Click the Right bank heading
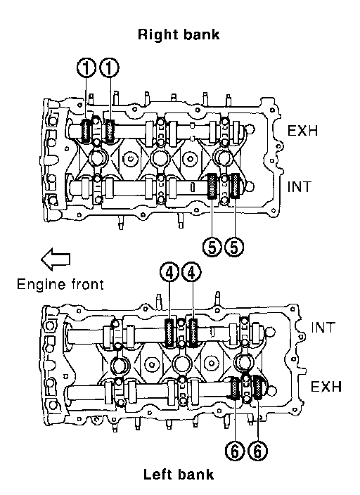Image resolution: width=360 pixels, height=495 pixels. (179, 34)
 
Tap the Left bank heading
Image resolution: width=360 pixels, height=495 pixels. (179, 475)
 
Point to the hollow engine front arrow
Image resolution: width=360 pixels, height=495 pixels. (56, 259)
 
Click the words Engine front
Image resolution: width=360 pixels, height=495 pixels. (60, 284)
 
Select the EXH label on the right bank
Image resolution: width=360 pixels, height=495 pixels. (302, 130)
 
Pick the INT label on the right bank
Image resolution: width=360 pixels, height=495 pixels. (299, 187)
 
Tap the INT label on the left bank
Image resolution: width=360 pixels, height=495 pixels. (323, 328)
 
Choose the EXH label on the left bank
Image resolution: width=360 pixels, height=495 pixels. (326, 387)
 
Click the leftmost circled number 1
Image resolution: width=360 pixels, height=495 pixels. (86, 68)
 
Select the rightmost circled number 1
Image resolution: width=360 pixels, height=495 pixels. (109, 68)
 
